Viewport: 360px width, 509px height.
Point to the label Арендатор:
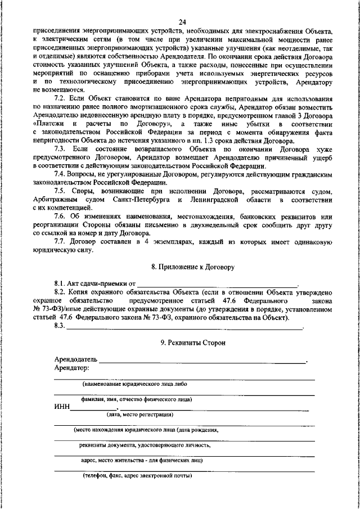[x=71, y=367]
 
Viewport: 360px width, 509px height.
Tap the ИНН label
[x=62, y=407]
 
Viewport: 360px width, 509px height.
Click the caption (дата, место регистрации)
[x=140, y=415]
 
